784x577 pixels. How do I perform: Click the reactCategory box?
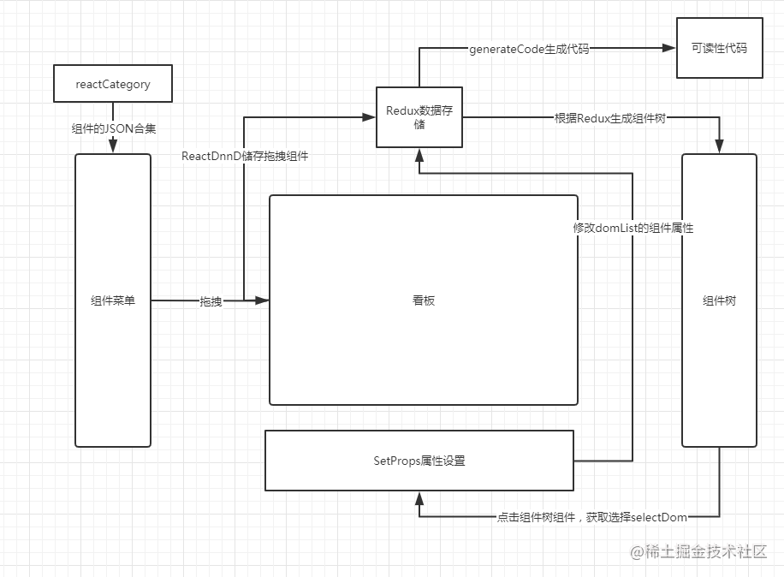click(x=113, y=84)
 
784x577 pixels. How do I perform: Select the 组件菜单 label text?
click(x=113, y=300)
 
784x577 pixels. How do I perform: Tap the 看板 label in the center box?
click(x=424, y=300)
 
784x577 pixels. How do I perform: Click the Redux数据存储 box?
click(x=419, y=117)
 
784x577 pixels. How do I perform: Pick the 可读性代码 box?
click(x=719, y=48)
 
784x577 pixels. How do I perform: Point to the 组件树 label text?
click(x=719, y=300)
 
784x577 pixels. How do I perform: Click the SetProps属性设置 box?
click(x=419, y=461)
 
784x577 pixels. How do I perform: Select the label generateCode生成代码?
click(x=529, y=49)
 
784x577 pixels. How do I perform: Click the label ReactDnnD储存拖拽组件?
click(x=245, y=156)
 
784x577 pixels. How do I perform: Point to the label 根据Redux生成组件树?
click(x=609, y=118)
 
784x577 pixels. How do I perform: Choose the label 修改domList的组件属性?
click(x=633, y=229)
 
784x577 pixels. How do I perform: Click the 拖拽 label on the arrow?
click(x=211, y=301)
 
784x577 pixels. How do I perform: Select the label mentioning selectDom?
click(x=592, y=517)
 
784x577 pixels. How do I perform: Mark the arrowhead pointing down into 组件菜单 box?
click(x=113, y=148)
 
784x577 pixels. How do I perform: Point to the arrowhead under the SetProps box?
click(x=419, y=497)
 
